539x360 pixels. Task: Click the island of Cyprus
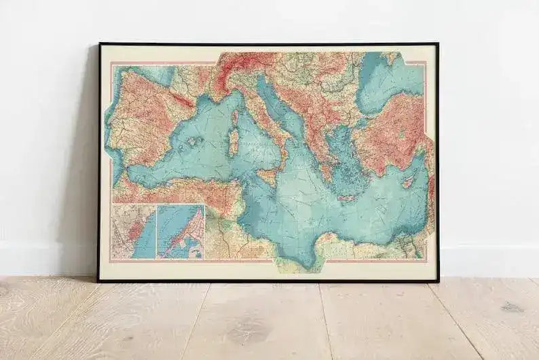[409, 182]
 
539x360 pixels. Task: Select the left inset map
[134, 232]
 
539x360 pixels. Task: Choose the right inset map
[181, 232]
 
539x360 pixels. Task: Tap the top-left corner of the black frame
[99, 44]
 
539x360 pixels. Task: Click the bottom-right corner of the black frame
[438, 280]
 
